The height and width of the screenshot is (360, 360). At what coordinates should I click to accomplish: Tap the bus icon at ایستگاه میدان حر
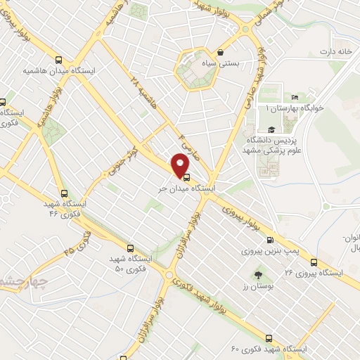(x=185, y=177)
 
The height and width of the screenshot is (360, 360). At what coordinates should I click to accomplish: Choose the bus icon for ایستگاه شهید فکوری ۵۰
(x=130, y=247)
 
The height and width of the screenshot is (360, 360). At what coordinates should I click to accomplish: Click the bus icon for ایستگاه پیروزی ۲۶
(x=314, y=263)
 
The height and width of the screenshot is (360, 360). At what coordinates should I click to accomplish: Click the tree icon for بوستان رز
(x=258, y=276)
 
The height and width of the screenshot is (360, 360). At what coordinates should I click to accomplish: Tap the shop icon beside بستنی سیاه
(x=221, y=51)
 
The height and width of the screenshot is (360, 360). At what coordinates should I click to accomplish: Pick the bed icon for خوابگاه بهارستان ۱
(x=295, y=98)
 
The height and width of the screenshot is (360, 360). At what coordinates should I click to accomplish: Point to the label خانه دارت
(x=335, y=52)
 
